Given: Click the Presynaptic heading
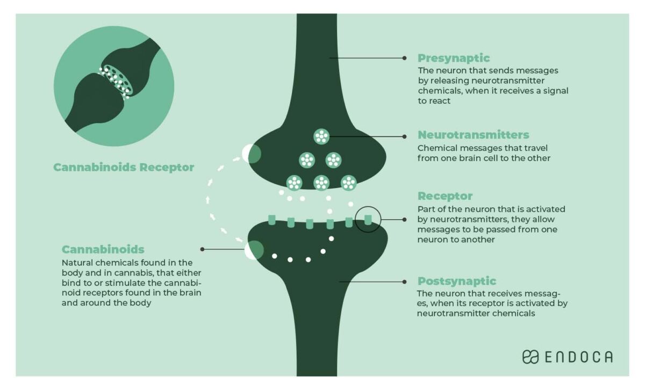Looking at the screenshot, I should click(x=454, y=58).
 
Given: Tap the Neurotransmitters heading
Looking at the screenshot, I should click(x=473, y=135).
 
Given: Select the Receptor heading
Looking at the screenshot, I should click(x=445, y=196).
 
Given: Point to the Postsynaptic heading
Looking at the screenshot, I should click(x=456, y=281).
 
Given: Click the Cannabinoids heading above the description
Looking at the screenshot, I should click(x=103, y=249).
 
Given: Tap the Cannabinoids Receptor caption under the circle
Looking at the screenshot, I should click(x=124, y=168).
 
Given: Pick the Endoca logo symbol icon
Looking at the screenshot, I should click(x=530, y=357).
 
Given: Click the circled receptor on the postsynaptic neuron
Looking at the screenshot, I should click(x=368, y=220).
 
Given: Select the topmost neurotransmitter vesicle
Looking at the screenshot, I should click(x=321, y=136).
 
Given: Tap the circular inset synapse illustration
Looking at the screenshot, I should click(x=114, y=87).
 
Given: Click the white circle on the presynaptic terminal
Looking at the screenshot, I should click(x=251, y=154).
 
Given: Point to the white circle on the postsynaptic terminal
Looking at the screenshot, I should click(x=254, y=250).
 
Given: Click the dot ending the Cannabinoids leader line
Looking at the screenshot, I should click(x=202, y=249).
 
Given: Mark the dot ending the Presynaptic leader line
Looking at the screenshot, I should click(x=404, y=58).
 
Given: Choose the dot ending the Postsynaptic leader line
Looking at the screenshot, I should click(x=404, y=281).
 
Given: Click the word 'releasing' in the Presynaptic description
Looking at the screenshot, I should click(x=450, y=81).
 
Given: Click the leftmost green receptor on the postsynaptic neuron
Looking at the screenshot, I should click(x=272, y=219).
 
